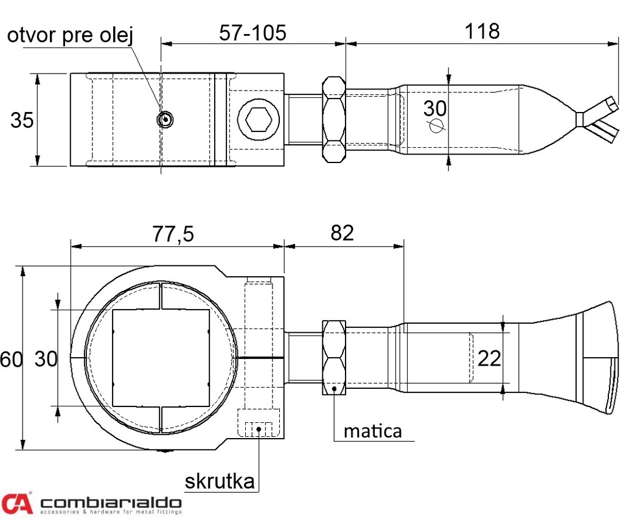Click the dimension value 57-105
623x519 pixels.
pyautogui.click(x=252, y=32)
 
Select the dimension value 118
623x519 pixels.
pyautogui.click(x=482, y=31)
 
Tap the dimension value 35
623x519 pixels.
pyautogui.click(x=22, y=120)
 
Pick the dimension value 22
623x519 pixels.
pyautogui.click(x=489, y=358)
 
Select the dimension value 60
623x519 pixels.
pyautogui.click(x=11, y=359)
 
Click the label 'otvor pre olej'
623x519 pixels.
pyautogui.click(x=69, y=36)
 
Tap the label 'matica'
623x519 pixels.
pyautogui.click(x=372, y=431)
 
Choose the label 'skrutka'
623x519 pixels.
pyautogui.click(x=219, y=482)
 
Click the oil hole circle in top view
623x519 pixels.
pyautogui.click(x=165, y=119)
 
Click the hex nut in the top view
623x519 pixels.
pyautogui.click(x=333, y=119)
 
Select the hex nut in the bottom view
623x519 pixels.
pyautogui.click(x=333, y=358)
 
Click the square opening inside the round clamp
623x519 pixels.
pyautogui.click(x=161, y=358)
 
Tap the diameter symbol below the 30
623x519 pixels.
pyautogui.click(x=436, y=125)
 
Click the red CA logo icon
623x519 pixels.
pyautogui.click(x=16, y=503)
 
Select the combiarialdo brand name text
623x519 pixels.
pyautogui.click(x=111, y=503)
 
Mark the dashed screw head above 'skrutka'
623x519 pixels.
pyautogui.click(x=258, y=428)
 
